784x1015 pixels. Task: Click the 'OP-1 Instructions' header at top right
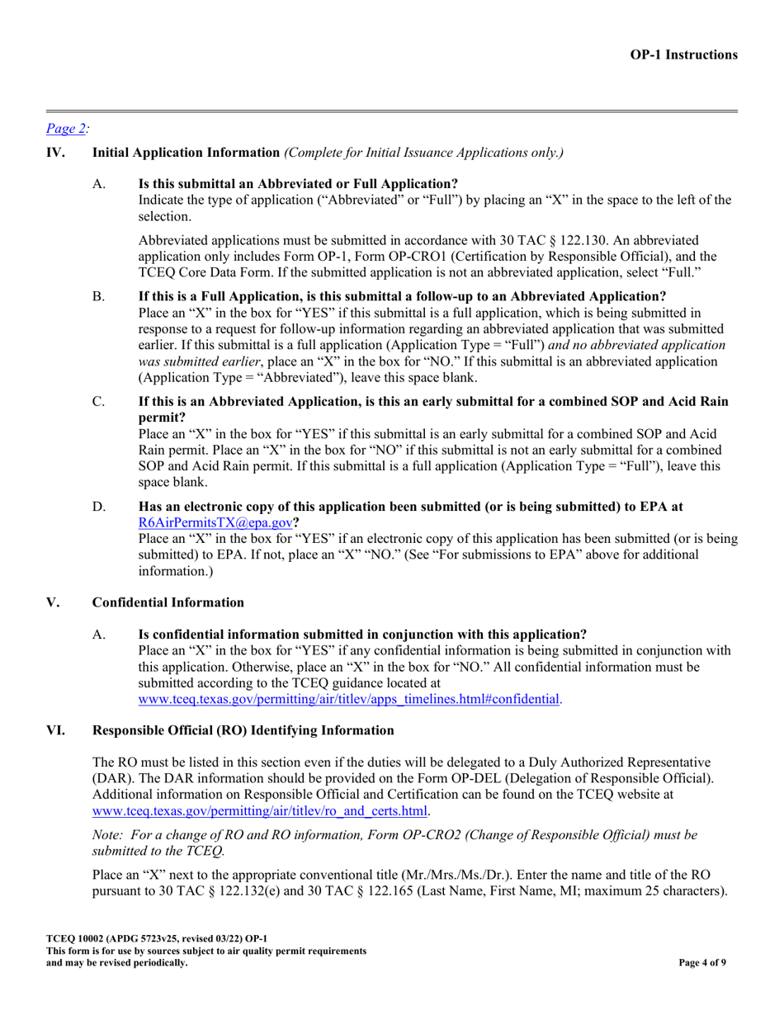coord(683,54)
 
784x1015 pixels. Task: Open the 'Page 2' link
coord(66,128)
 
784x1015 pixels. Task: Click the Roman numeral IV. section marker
coord(54,152)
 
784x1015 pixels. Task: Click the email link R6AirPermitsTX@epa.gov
coord(215,523)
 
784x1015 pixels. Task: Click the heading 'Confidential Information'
coord(168,602)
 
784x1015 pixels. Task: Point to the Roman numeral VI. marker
coord(55,730)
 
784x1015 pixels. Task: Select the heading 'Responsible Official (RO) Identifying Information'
coord(243,730)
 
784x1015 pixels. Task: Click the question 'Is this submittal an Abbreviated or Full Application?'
coord(298,183)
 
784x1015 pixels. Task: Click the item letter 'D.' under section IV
coord(99,507)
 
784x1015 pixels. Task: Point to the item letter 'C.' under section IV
coord(99,402)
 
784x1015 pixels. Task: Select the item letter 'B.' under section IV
coord(99,296)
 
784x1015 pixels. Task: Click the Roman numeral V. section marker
coord(53,602)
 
